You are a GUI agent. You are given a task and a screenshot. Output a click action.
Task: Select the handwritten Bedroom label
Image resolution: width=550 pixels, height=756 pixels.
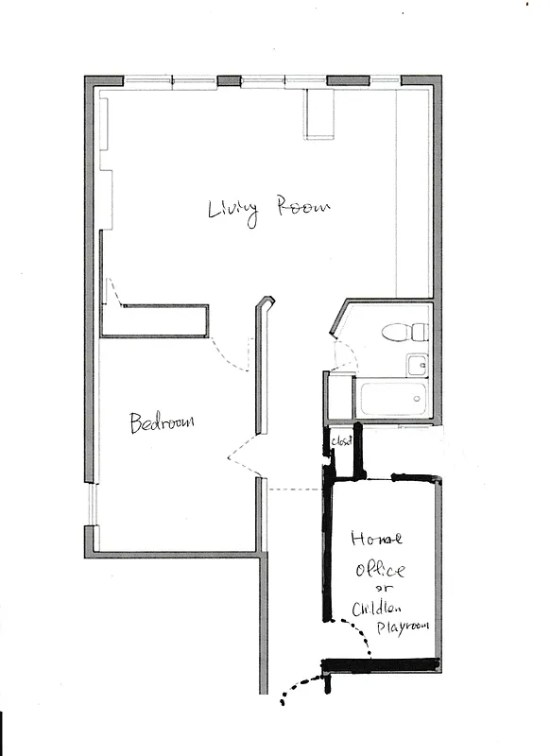click(162, 421)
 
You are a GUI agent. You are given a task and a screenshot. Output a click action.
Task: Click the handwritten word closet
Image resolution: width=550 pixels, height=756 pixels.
click(340, 441)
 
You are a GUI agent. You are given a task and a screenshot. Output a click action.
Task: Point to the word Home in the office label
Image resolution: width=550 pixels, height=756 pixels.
click(376, 540)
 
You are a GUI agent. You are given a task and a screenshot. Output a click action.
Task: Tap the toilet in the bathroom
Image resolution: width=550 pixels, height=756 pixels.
click(406, 332)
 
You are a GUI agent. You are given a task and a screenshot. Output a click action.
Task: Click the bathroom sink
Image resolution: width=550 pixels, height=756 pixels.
click(416, 364)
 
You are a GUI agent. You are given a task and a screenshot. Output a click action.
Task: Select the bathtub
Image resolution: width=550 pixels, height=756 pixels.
click(392, 399)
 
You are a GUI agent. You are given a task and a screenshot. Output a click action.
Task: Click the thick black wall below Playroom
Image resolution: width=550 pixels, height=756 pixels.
click(382, 665)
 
